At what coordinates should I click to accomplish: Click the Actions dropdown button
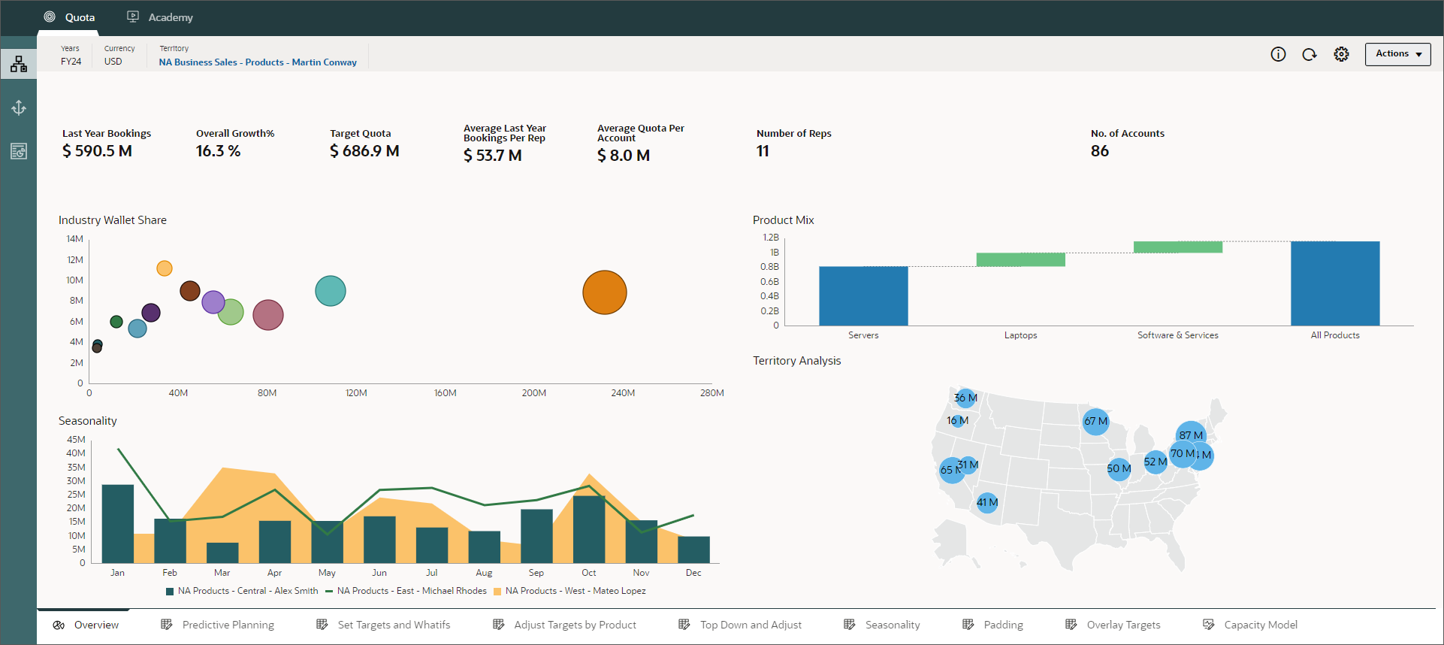1397,54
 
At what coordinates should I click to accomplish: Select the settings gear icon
1341,54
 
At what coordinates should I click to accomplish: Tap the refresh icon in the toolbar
1310,54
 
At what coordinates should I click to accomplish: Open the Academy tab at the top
160,17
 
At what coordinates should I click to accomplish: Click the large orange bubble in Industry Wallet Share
604,292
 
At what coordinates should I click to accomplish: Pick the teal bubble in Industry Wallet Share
330,291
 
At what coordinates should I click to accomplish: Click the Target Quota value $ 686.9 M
364,151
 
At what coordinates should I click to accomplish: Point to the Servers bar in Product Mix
863,296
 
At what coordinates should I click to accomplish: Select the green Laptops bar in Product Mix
1020,259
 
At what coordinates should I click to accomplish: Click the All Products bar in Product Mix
1334,283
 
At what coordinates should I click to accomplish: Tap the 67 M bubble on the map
1095,421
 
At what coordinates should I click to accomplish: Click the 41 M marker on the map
987,502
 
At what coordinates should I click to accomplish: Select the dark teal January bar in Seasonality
118,524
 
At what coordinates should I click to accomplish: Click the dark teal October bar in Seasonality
588,529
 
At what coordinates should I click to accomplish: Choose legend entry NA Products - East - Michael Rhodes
411,591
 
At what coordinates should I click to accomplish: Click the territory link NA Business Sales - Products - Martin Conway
258,62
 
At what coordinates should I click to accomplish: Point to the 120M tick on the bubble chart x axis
356,392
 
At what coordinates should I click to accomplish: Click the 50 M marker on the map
1118,468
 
